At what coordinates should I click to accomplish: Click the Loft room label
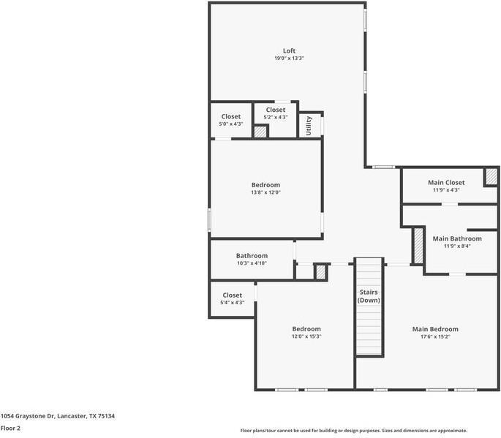point(289,50)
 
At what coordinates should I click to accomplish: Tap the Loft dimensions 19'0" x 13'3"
point(289,58)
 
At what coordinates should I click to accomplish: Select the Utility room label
point(309,125)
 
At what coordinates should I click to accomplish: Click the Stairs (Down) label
point(369,296)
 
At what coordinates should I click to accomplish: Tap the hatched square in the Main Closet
point(491,177)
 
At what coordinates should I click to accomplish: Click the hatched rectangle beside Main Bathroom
point(418,246)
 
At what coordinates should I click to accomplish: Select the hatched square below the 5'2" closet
point(260,132)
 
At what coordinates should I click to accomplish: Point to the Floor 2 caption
point(10,428)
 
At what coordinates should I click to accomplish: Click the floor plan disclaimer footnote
point(354,431)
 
